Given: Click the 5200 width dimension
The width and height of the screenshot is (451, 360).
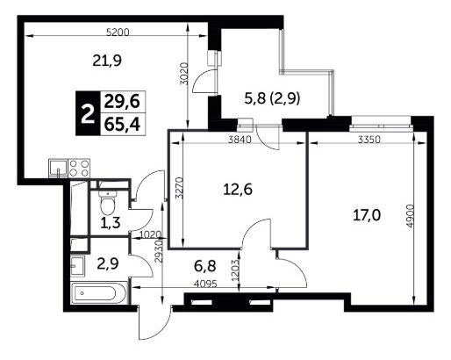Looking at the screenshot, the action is (118, 32).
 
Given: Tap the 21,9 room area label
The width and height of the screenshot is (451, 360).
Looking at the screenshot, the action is (107, 61).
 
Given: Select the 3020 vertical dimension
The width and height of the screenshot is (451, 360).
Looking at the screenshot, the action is (183, 74).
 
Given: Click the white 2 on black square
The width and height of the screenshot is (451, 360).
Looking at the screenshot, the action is (88, 113).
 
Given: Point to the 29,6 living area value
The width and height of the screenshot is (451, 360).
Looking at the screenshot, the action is (122, 102).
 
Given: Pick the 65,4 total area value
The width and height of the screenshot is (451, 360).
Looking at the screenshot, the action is (122, 125).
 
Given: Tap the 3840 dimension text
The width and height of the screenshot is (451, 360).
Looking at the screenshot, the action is (240, 140).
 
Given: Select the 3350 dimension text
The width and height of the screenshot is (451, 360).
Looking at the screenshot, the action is (369, 140).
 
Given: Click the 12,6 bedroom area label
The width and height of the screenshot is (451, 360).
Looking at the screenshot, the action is (238, 190).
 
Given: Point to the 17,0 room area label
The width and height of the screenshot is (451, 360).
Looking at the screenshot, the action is (367, 216).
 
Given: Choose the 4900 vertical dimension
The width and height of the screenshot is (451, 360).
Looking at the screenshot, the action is (411, 216).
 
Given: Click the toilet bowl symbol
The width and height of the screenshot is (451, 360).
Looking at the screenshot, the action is (108, 202).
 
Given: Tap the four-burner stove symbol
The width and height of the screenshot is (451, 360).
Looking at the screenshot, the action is (79, 169).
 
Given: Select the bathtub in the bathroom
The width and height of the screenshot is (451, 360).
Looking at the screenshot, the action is (99, 293).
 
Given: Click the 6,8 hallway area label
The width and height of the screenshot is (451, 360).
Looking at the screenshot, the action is (205, 266).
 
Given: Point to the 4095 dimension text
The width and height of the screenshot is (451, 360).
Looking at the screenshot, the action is (205, 284).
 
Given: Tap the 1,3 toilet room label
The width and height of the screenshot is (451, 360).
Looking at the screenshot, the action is (110, 223).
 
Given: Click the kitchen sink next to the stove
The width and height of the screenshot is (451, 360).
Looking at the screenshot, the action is (59, 169).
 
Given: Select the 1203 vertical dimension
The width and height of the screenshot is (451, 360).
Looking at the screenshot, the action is (235, 270).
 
